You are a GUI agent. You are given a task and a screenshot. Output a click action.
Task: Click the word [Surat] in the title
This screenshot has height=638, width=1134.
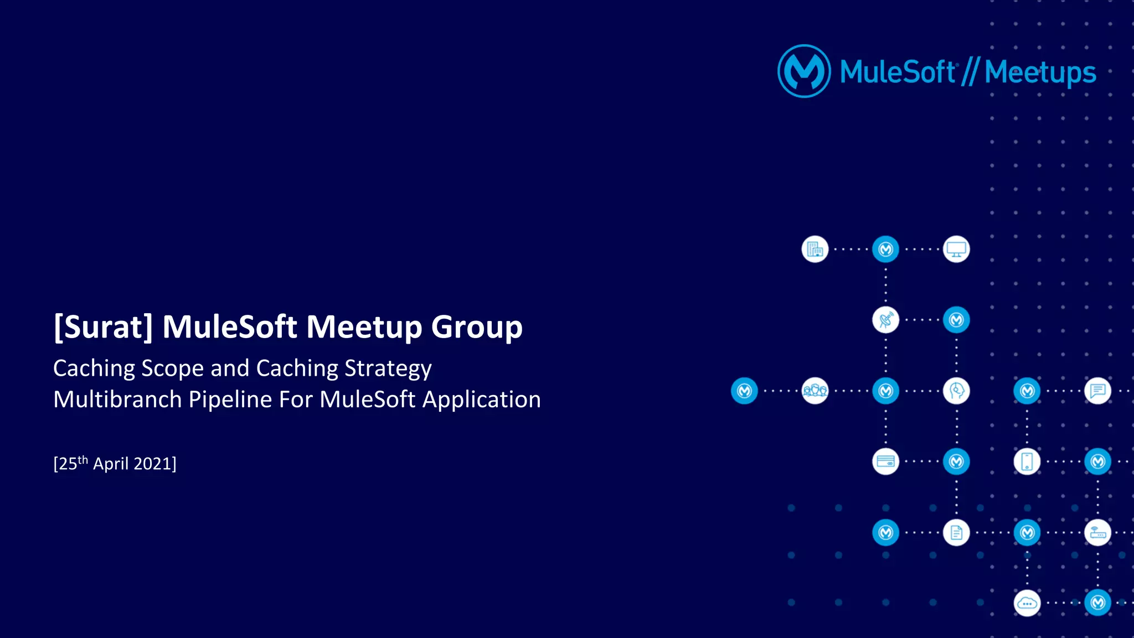click(x=103, y=326)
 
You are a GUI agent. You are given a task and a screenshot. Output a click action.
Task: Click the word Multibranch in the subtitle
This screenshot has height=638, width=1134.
click(x=117, y=400)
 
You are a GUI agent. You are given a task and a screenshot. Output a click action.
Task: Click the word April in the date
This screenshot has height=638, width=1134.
click(x=111, y=464)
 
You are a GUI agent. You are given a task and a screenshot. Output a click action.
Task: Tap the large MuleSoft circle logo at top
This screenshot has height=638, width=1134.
click(x=804, y=71)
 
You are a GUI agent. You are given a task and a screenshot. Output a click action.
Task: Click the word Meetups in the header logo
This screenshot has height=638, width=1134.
click(x=1040, y=72)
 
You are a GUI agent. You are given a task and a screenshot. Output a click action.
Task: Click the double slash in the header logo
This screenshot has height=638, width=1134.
click(x=970, y=72)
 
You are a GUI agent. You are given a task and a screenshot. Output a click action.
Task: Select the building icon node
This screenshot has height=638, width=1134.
click(x=815, y=250)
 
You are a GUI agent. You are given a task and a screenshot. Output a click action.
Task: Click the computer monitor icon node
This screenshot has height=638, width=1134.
click(x=956, y=250)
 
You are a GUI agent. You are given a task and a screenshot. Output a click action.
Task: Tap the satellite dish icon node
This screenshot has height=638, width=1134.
click(x=885, y=320)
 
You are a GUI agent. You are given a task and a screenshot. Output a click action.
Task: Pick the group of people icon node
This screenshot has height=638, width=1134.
click(x=815, y=391)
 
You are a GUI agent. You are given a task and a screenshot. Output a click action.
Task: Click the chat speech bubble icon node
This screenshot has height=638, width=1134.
click(x=1097, y=391)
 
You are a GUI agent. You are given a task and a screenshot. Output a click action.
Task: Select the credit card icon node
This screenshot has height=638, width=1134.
click(x=885, y=461)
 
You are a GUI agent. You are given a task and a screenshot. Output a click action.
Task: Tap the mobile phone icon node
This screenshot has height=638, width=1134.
click(x=1027, y=461)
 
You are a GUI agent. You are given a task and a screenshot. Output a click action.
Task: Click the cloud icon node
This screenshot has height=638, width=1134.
click(x=1027, y=603)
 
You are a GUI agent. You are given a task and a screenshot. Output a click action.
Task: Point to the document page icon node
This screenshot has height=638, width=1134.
click(x=956, y=533)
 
